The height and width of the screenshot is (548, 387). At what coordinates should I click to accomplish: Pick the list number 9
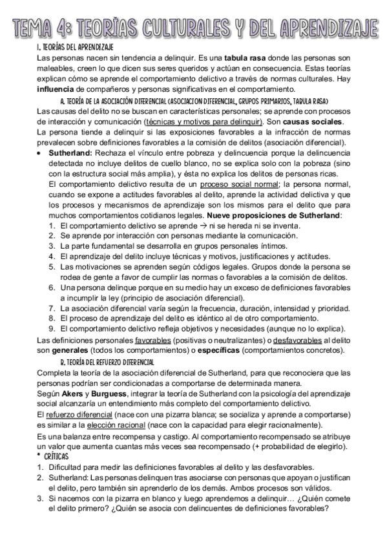tap(52, 328)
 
